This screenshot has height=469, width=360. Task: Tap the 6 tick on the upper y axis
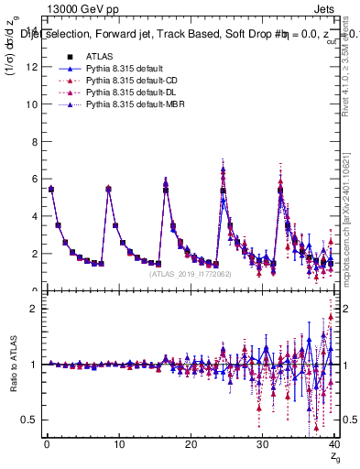(x=34, y=180)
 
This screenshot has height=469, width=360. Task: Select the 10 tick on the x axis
(x=118, y=446)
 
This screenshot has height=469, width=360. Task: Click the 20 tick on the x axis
(x=190, y=446)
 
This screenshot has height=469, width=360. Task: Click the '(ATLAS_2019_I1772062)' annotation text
(x=190, y=274)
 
